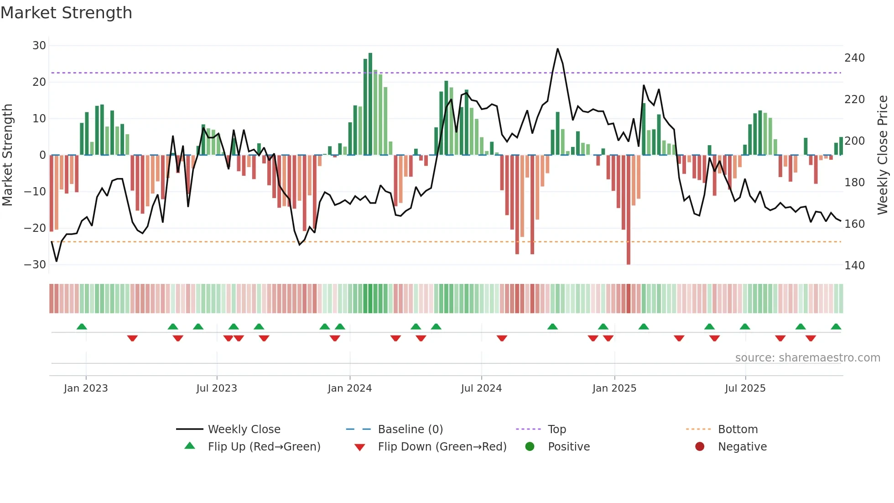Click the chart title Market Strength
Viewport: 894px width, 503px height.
pos(66,13)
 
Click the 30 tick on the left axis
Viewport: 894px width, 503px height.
pos(39,46)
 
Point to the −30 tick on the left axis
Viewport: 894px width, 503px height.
pos(35,265)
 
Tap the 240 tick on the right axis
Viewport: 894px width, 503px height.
pos(854,58)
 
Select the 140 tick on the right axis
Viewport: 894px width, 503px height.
pos(854,266)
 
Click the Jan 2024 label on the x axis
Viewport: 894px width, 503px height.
pos(349,388)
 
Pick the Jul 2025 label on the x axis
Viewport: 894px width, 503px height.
pos(745,388)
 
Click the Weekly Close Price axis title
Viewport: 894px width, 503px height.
pos(883,155)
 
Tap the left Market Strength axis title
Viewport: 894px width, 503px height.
pos(7,155)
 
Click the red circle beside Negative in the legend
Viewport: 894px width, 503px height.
pos(700,447)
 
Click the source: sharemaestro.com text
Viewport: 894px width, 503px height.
pos(807,358)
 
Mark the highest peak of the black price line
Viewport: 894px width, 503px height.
pos(557,49)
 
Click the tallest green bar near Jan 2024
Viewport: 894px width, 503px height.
pos(370,104)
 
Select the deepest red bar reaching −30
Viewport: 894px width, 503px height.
pos(629,210)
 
